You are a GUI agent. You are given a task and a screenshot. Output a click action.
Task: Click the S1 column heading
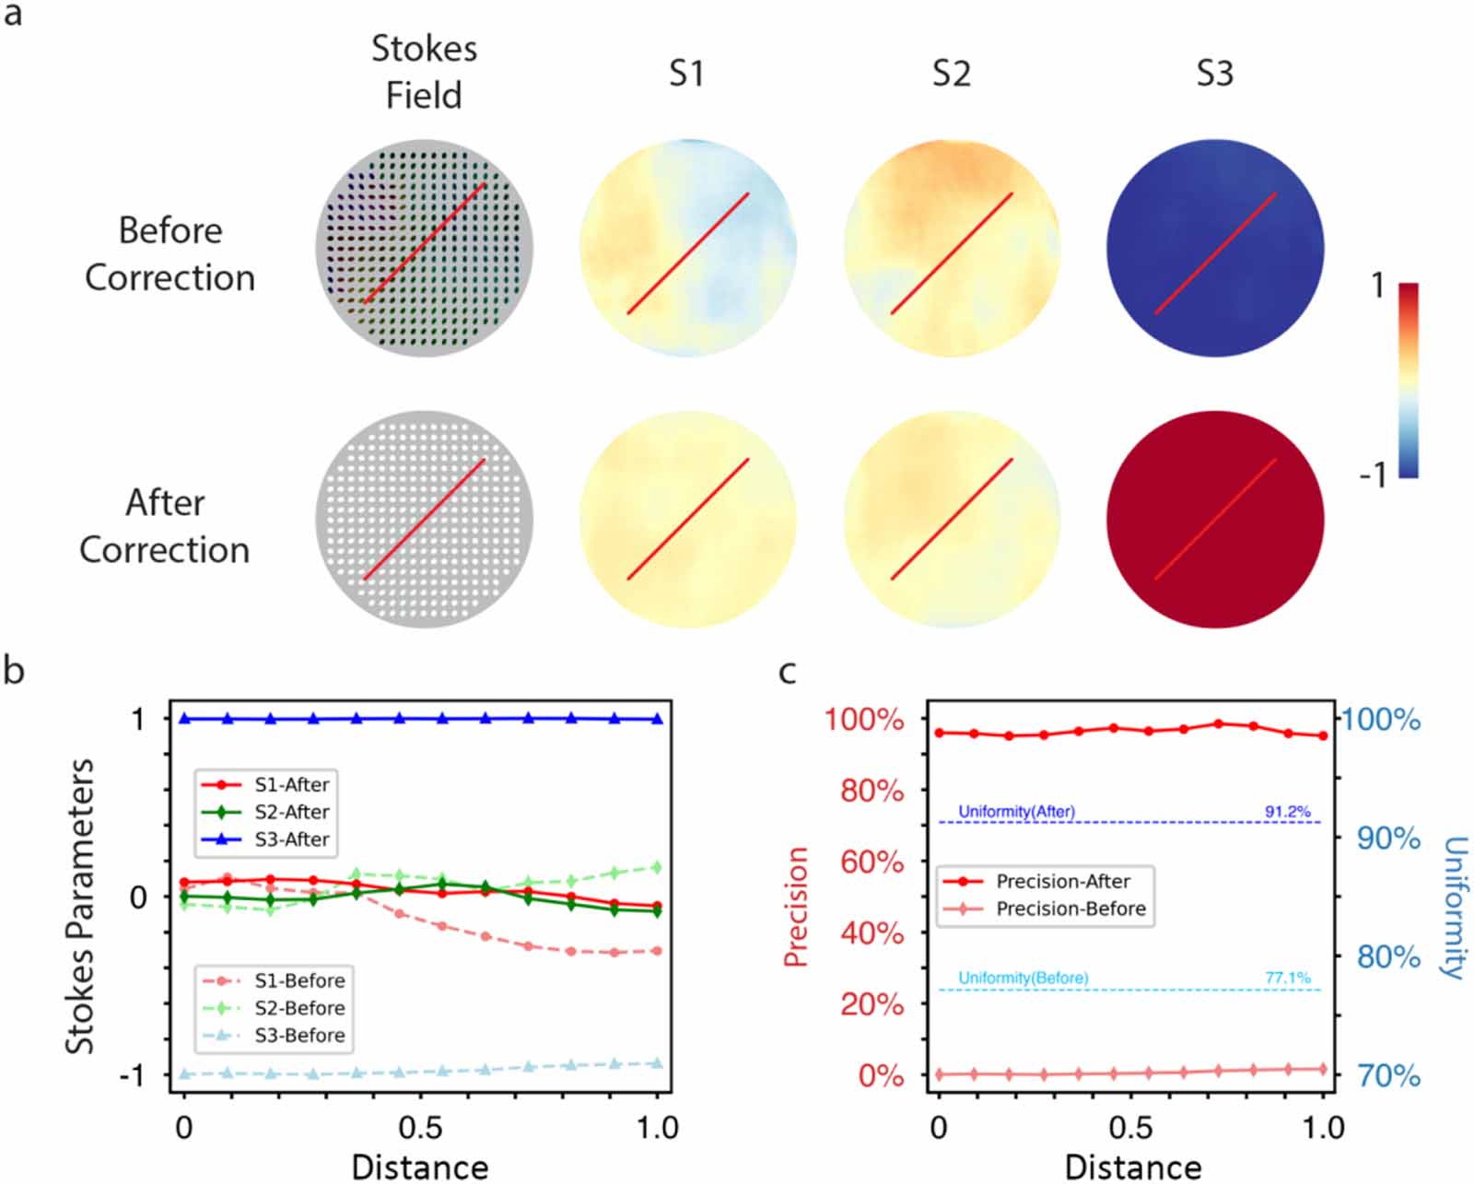click(686, 73)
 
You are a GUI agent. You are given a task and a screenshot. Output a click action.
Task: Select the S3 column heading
click(1214, 73)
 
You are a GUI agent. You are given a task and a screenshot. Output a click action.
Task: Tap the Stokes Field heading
click(424, 72)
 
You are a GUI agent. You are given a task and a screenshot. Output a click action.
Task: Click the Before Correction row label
click(170, 253)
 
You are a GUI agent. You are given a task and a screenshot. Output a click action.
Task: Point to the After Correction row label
click(165, 525)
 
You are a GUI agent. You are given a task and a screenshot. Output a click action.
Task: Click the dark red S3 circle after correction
click(1214, 519)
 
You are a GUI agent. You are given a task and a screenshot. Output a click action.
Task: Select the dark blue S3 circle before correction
click(1214, 248)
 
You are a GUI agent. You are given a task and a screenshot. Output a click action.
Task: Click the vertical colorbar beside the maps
click(1408, 380)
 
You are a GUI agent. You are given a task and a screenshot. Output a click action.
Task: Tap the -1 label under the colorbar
click(1373, 475)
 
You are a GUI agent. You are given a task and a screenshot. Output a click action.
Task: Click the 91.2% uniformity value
click(1287, 812)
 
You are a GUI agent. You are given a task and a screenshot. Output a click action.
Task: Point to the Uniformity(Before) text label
click(1023, 978)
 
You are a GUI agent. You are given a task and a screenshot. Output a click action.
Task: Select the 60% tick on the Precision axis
click(872, 862)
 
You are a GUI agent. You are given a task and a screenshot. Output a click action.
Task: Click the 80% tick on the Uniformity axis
click(1388, 956)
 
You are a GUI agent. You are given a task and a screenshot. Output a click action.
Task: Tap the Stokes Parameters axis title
click(80, 906)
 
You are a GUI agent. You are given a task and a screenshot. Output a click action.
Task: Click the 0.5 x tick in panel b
click(420, 1127)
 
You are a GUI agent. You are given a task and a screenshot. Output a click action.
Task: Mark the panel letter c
click(787, 672)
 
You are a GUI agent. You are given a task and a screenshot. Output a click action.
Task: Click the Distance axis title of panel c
click(1132, 1166)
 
